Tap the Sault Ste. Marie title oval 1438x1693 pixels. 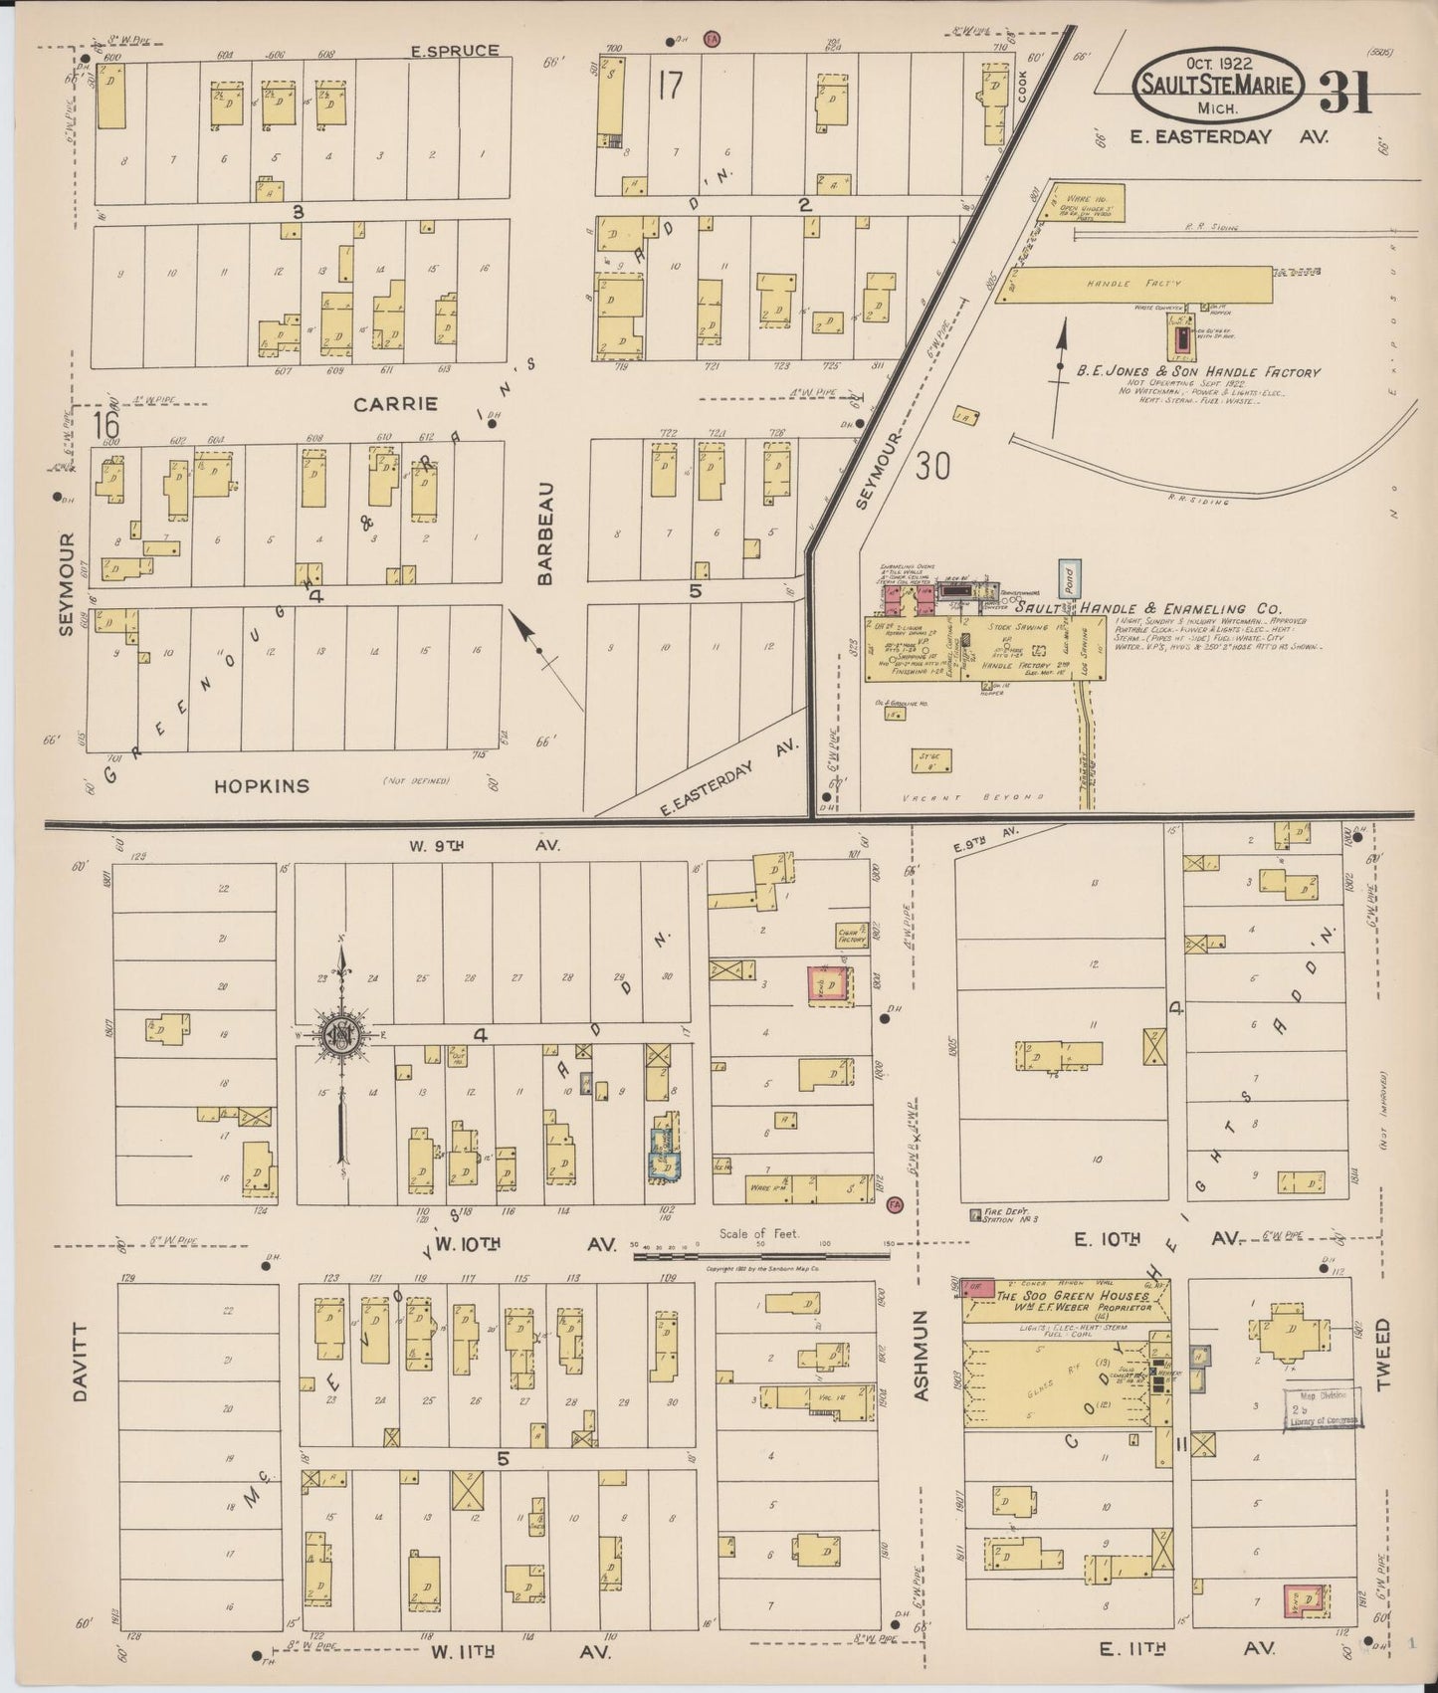pos(1217,84)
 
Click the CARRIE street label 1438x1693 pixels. pos(395,404)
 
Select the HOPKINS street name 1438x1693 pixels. pos(262,785)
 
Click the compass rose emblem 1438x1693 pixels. pos(341,1035)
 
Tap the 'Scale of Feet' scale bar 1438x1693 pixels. pos(761,1255)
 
